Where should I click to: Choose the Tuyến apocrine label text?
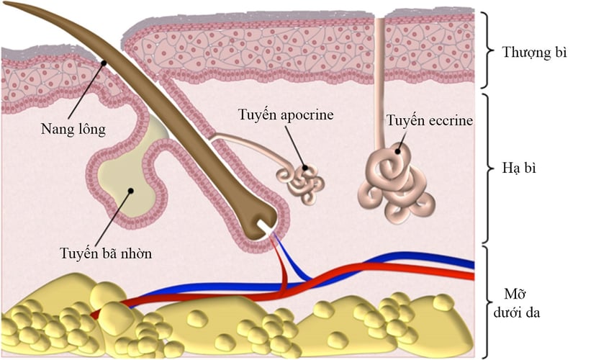click(286, 115)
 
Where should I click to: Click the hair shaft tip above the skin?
click(22, 9)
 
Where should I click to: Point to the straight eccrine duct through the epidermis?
click(380, 79)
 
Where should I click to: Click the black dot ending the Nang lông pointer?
click(105, 62)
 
